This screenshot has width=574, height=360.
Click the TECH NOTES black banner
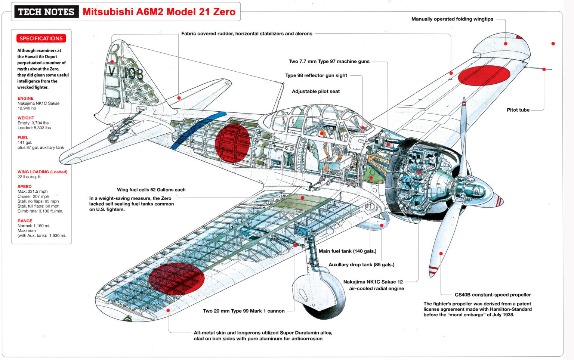(x=46, y=12)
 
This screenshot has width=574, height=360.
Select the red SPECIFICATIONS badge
(x=41, y=38)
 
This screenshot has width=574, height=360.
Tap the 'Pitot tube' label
(x=518, y=110)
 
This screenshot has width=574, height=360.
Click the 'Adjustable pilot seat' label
(x=316, y=91)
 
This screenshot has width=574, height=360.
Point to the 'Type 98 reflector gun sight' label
(x=316, y=75)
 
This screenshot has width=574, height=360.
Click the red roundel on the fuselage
(x=232, y=144)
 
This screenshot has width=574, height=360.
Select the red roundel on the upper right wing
(x=484, y=76)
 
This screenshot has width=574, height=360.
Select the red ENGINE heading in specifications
(x=25, y=99)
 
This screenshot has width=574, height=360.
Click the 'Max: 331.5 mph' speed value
(x=33, y=192)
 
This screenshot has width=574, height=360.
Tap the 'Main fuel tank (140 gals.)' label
(x=347, y=251)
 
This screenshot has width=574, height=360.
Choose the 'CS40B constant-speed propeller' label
(x=493, y=295)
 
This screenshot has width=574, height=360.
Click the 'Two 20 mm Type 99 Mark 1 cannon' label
(x=244, y=311)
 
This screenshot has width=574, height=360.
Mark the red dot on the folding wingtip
(x=506, y=44)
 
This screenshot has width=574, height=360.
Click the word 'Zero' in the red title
(x=224, y=12)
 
